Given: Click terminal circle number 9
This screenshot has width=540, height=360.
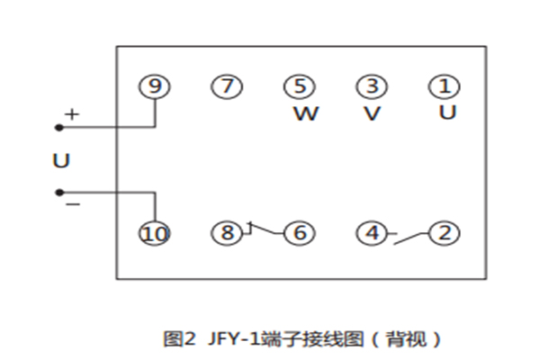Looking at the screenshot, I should click(156, 86).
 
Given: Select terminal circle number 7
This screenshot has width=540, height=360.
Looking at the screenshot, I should click(227, 86).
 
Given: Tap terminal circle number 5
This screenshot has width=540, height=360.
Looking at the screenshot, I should click(300, 86).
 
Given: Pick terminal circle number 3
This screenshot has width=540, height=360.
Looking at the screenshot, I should click(371, 86).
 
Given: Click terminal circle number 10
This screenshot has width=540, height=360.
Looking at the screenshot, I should click(156, 233).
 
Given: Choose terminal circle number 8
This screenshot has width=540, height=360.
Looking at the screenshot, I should click(227, 233).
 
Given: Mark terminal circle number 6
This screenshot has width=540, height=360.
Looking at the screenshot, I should click(300, 233).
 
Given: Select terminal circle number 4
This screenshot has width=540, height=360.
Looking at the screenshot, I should click(371, 233).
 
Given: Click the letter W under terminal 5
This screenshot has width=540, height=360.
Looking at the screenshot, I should click(307, 114).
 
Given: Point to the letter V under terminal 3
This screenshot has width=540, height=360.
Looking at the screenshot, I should click(372, 114).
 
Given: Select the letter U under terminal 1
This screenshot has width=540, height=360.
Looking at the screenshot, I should click(447, 113).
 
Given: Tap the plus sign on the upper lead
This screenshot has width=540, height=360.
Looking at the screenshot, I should click(72, 115).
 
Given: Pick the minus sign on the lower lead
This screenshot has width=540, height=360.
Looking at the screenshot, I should click(72, 204).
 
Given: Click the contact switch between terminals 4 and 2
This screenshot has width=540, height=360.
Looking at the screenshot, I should click(408, 237).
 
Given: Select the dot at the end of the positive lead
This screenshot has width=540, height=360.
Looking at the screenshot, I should click(59, 127).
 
